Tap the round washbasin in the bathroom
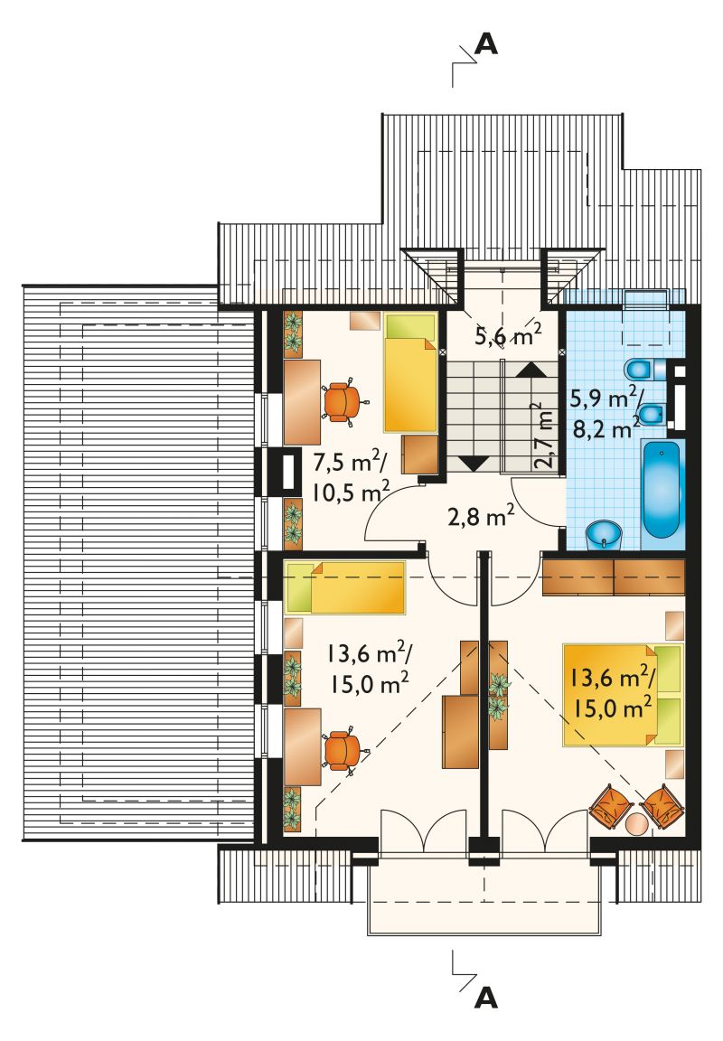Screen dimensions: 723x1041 tap(604, 536)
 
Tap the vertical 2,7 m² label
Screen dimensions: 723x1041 tap(544, 436)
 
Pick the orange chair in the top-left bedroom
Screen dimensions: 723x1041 tap(343, 401)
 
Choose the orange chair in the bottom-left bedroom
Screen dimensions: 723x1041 tap(343, 750)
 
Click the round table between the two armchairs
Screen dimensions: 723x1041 tap(636, 822)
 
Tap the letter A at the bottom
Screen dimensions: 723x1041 tap(486, 998)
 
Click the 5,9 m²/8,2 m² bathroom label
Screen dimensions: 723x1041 tap(606, 413)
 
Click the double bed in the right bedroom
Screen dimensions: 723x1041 tap(623, 694)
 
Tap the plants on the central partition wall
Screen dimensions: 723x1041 tap(498, 694)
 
